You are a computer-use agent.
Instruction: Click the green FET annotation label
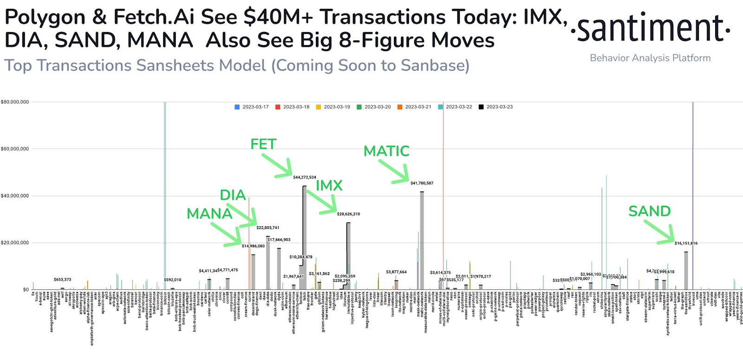click(263, 144)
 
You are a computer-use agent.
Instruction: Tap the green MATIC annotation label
click(386, 151)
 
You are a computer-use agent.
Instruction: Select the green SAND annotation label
click(649, 211)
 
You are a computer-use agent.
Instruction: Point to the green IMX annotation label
click(329, 186)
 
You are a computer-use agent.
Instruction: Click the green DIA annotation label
click(233, 195)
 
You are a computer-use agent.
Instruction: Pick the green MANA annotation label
click(209, 214)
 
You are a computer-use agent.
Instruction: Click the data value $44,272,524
click(305, 177)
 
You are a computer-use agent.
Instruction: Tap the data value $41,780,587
click(422, 183)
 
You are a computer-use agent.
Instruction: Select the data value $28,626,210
click(348, 214)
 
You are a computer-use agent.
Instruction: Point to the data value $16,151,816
click(686, 243)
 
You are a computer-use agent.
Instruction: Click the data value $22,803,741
click(268, 228)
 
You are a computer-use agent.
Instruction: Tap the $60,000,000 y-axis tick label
click(15, 149)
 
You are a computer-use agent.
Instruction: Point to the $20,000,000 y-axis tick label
click(15, 243)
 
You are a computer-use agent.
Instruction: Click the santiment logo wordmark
click(650, 29)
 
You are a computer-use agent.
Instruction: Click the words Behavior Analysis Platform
click(650, 58)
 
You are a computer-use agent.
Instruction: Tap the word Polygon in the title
click(45, 18)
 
